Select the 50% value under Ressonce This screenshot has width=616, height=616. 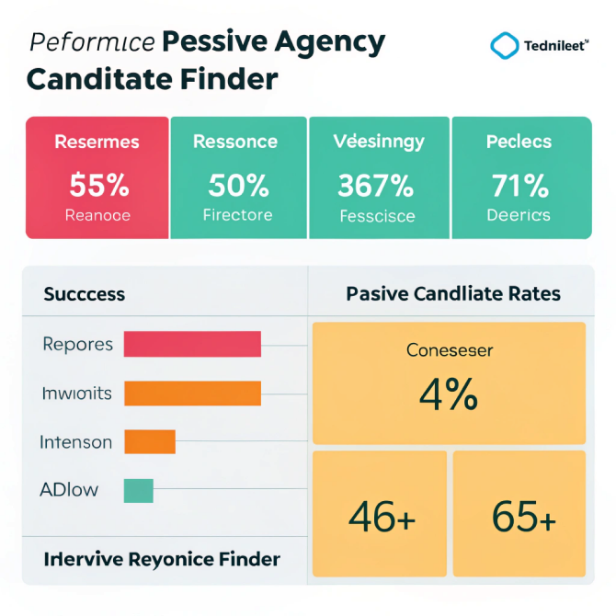click(237, 186)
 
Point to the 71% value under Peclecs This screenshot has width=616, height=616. click(519, 186)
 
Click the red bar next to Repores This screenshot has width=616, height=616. click(192, 344)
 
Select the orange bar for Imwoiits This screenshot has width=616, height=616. click(192, 394)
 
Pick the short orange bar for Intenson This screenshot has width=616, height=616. click(149, 442)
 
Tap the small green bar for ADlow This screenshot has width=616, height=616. click(138, 491)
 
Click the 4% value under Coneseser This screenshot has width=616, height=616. click(448, 394)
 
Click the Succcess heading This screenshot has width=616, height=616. click(85, 295)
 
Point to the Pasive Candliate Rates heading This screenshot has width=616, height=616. click(453, 295)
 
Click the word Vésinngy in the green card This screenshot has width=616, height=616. click(379, 142)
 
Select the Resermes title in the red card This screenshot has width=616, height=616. click(97, 142)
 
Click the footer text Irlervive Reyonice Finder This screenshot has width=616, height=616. click(162, 559)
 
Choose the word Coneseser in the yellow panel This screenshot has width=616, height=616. click(450, 350)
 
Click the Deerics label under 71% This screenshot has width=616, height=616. click(519, 215)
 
